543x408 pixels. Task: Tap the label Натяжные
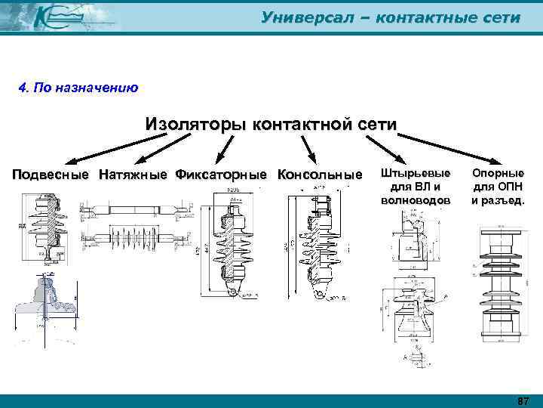coord(133,175)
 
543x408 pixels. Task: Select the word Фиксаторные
coord(221,175)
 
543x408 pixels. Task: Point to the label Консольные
coord(320,175)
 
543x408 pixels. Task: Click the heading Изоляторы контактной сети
coord(270,123)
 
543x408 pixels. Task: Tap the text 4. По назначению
coord(78,88)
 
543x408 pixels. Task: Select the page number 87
coord(523,400)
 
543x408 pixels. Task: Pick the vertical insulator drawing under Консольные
coord(314,242)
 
